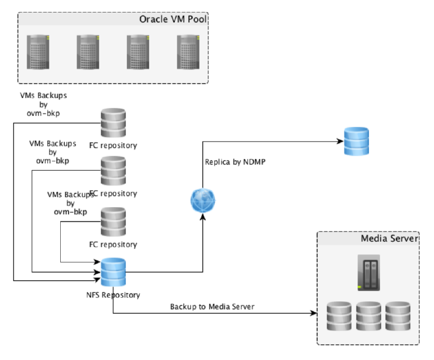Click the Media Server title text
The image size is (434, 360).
click(x=390, y=239)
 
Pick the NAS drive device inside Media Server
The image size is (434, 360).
click(x=368, y=273)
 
